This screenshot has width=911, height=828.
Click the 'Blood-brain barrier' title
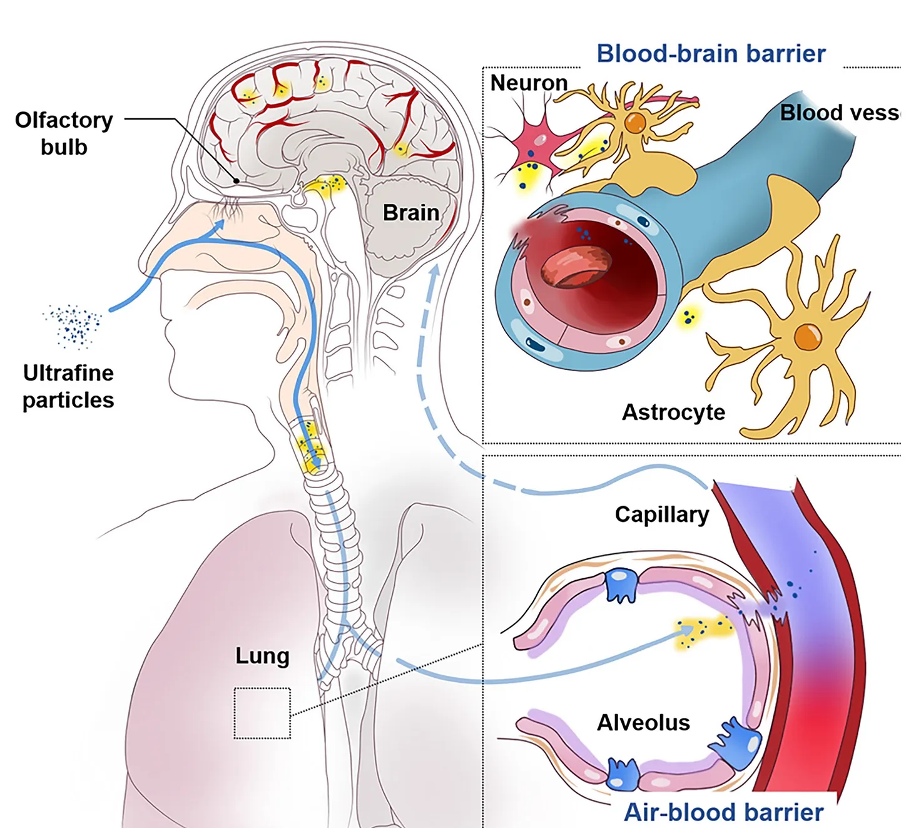(711, 54)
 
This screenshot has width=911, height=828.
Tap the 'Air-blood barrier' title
(723, 812)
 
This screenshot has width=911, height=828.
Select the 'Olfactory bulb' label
(64, 133)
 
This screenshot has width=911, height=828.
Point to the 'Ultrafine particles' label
(68, 386)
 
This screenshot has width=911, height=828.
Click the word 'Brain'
(410, 213)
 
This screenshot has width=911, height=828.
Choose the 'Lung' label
(262, 655)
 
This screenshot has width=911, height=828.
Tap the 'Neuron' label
(529, 83)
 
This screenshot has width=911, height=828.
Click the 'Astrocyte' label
(673, 412)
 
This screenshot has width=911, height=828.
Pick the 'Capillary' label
(662, 514)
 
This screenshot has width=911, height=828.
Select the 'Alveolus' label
(643, 723)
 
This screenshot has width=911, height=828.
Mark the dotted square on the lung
(262, 713)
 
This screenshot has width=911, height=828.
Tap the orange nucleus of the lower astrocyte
(807, 337)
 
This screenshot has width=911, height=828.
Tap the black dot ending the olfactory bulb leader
(237, 181)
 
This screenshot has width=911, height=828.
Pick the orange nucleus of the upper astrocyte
(635, 123)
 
